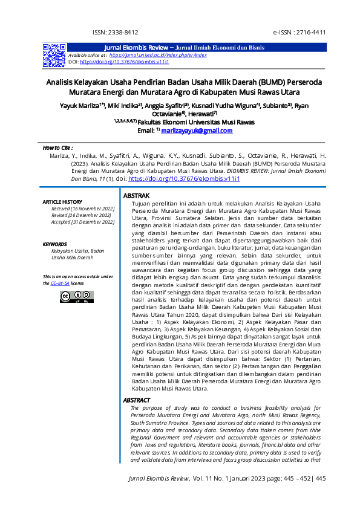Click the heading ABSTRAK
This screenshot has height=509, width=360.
137,197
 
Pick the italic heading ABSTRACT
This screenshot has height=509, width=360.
137,400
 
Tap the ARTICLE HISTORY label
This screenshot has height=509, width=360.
62,201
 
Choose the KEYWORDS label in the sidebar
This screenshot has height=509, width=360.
55,244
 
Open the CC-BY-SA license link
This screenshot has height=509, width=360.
59,283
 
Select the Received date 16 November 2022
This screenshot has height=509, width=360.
83,209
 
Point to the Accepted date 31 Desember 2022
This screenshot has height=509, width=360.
83,222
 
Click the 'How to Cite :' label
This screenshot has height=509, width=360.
58,148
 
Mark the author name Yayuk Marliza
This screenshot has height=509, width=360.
81,106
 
